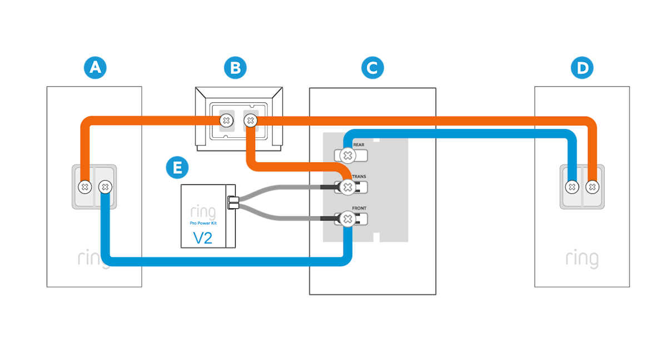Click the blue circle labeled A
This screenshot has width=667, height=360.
[95, 68]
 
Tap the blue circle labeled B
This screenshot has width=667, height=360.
[235, 68]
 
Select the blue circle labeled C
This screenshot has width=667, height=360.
[372, 68]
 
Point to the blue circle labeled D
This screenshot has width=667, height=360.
[582, 68]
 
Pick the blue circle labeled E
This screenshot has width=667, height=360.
[177, 167]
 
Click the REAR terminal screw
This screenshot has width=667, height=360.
[347, 156]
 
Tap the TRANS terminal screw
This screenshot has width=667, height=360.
[347, 188]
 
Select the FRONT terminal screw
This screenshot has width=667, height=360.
[347, 219]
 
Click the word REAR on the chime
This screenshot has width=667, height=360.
[359, 145]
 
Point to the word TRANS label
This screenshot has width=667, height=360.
[360, 177]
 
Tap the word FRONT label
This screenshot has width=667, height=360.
[360, 208]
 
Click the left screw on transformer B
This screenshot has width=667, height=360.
[226, 120]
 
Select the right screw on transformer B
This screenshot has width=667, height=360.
[251, 120]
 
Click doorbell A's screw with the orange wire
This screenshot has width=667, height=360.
[84, 187]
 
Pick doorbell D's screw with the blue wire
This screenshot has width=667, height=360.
[572, 187]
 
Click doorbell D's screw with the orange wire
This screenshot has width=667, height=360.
[593, 187]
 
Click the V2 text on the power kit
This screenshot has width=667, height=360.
[203, 238]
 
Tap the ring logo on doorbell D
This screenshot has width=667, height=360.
[582, 258]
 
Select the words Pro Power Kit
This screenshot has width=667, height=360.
[203, 223]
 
